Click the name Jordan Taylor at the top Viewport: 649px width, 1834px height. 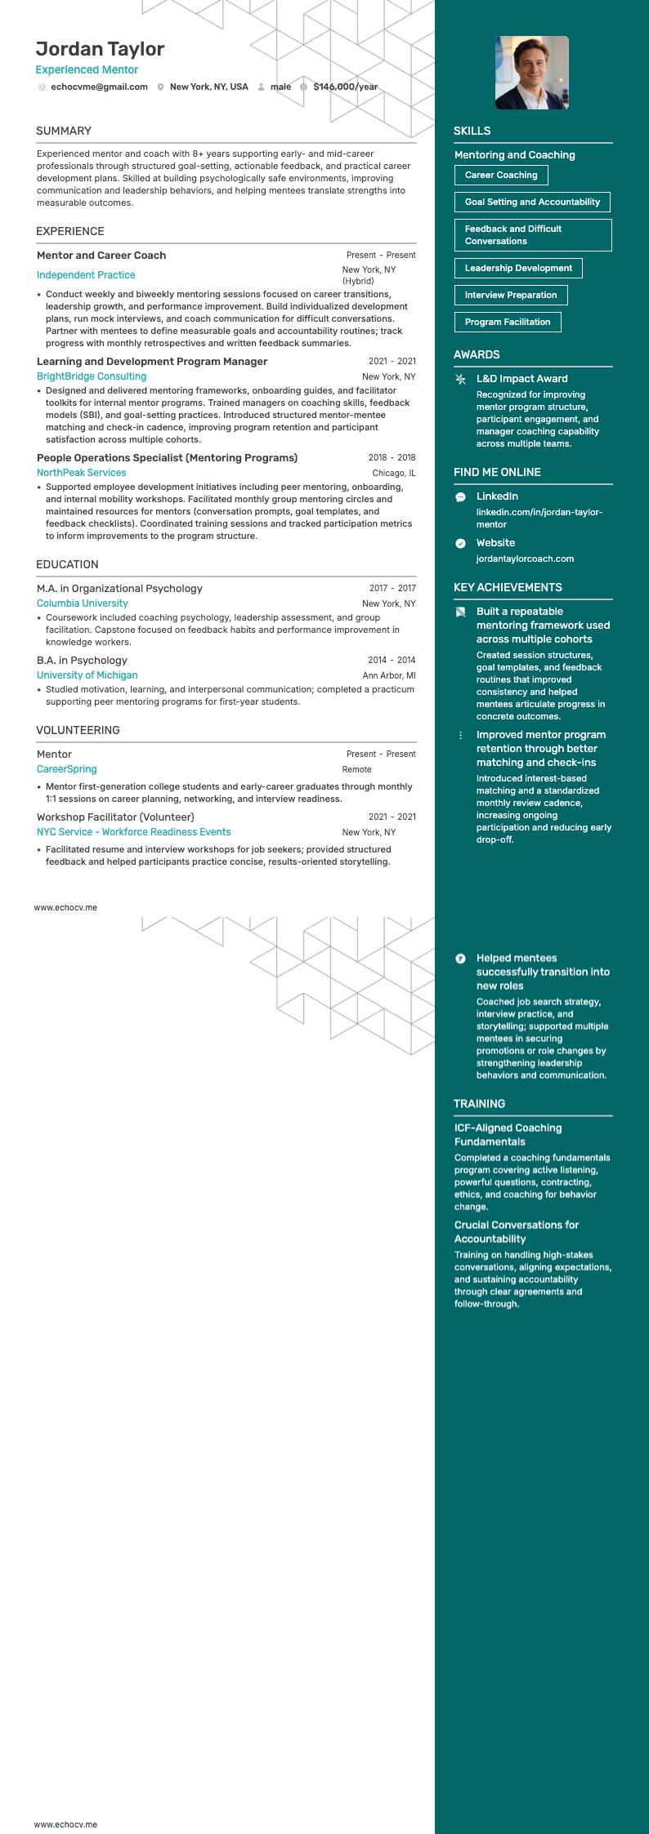pos(100,49)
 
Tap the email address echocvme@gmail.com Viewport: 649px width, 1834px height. pos(99,87)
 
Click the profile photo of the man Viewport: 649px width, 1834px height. pos(531,73)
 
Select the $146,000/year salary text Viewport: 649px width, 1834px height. pos(345,87)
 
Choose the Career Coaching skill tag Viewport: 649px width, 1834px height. pos(500,175)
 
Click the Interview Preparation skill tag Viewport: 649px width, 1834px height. pos(510,295)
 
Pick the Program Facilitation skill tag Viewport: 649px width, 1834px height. pos(507,322)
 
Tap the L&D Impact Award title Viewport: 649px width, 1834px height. pos(521,379)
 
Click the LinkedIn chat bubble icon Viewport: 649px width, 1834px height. pos(460,496)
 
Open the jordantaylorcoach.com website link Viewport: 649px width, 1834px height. pos(525,559)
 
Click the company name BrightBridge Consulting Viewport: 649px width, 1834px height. pos(92,376)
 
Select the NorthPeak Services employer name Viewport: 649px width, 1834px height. pos(82,473)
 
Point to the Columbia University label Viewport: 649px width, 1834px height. pos(83,603)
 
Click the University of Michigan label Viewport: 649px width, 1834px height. pos(87,675)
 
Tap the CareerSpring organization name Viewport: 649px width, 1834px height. pos(67,769)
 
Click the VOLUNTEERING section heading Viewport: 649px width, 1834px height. pos(78,730)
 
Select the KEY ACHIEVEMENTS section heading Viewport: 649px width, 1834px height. pos(508,587)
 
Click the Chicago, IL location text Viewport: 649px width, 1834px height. pos(393,473)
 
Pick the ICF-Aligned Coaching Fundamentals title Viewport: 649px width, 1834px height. pos(508,1134)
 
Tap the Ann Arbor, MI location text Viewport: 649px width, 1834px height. pos(389,675)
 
